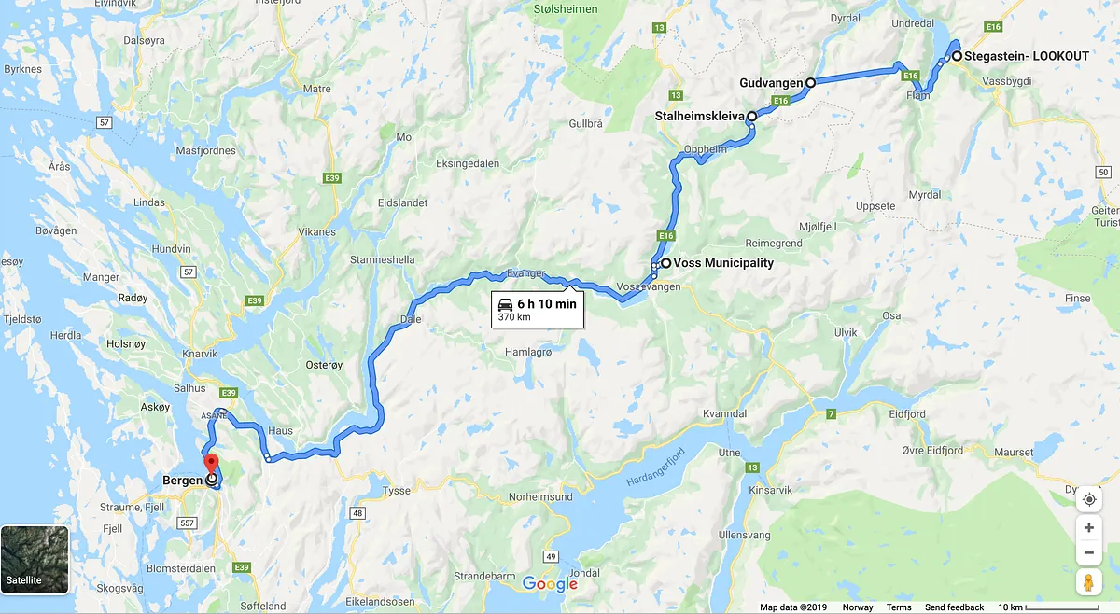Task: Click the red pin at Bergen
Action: pos(211,464)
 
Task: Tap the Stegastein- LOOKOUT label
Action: pos(1027,56)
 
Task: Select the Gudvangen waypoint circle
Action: pos(810,83)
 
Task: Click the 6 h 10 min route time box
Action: pos(538,310)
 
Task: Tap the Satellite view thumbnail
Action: pos(35,560)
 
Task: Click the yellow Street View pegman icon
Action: pos(1088,582)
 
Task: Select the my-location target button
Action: pos(1088,499)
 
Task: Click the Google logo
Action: pos(550,584)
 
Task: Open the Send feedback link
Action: pos(954,607)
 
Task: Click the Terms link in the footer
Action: pos(899,607)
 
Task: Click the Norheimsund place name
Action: pos(541,497)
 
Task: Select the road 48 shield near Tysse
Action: pos(357,512)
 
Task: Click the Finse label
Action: pos(1078,299)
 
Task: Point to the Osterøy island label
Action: pos(325,366)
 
